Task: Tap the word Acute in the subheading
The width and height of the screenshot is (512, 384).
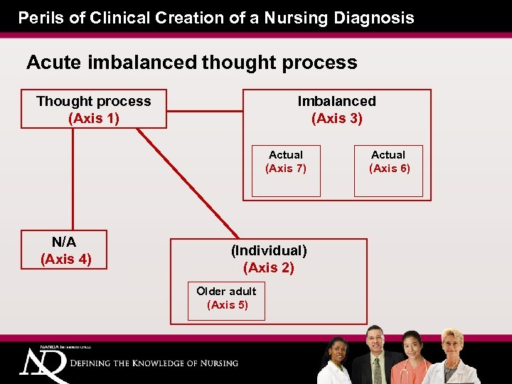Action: [54, 63]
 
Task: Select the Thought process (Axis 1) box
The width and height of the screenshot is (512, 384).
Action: [94, 109]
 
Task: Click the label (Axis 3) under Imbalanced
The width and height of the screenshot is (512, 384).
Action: [337, 119]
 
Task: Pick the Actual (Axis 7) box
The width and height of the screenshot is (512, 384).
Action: [286, 171]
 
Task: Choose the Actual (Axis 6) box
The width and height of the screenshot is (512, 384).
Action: [388, 171]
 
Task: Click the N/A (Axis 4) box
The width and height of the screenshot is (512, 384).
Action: [65, 250]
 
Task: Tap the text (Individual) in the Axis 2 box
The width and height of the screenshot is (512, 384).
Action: [269, 250]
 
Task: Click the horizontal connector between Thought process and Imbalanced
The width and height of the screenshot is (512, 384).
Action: [205, 109]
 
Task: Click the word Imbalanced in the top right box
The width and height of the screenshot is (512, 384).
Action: [337, 102]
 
